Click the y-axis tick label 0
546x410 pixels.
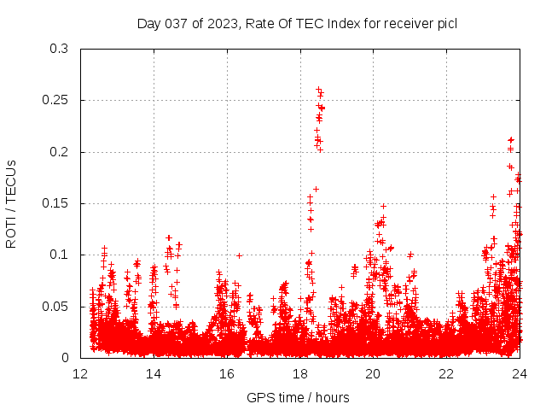65,358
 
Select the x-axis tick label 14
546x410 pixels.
154,374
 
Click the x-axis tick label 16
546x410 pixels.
227,374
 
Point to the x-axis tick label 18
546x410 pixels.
300,374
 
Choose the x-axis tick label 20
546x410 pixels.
374,374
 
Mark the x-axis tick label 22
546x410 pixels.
446,374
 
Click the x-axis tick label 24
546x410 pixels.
520,374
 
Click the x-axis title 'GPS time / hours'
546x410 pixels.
298,397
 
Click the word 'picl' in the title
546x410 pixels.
446,23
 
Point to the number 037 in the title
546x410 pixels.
177,23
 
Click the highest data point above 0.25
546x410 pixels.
318,89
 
